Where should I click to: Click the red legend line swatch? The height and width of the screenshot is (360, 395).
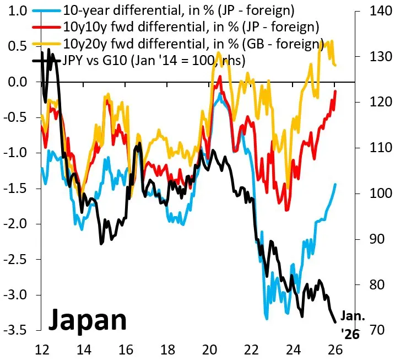pyautogui.click(x=47, y=27)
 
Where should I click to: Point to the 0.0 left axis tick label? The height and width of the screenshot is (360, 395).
pyautogui.click(x=18, y=82)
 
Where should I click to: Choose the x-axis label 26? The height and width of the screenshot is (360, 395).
pyautogui.click(x=334, y=349)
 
